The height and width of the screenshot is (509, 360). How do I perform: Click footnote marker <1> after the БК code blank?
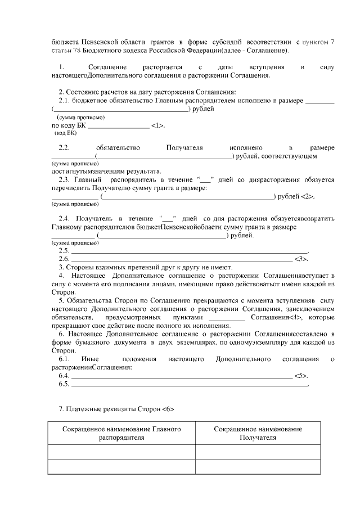pyautogui.click(x=158, y=125)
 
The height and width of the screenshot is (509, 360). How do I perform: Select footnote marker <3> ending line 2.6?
pyautogui.click(x=301, y=259)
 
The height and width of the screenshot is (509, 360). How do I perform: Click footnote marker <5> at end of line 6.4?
pyautogui.click(x=301, y=376)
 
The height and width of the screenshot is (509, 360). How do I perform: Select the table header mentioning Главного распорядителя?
pyautogui.click(x=121, y=433)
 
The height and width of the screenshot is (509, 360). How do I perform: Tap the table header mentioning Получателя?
pyautogui.click(x=258, y=433)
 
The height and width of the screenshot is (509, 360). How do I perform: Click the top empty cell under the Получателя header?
pyautogui.click(x=258, y=452)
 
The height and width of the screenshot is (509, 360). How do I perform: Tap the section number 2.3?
pyautogui.click(x=64, y=180)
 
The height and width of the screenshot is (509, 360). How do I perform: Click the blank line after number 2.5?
pyautogui.click(x=189, y=250)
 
